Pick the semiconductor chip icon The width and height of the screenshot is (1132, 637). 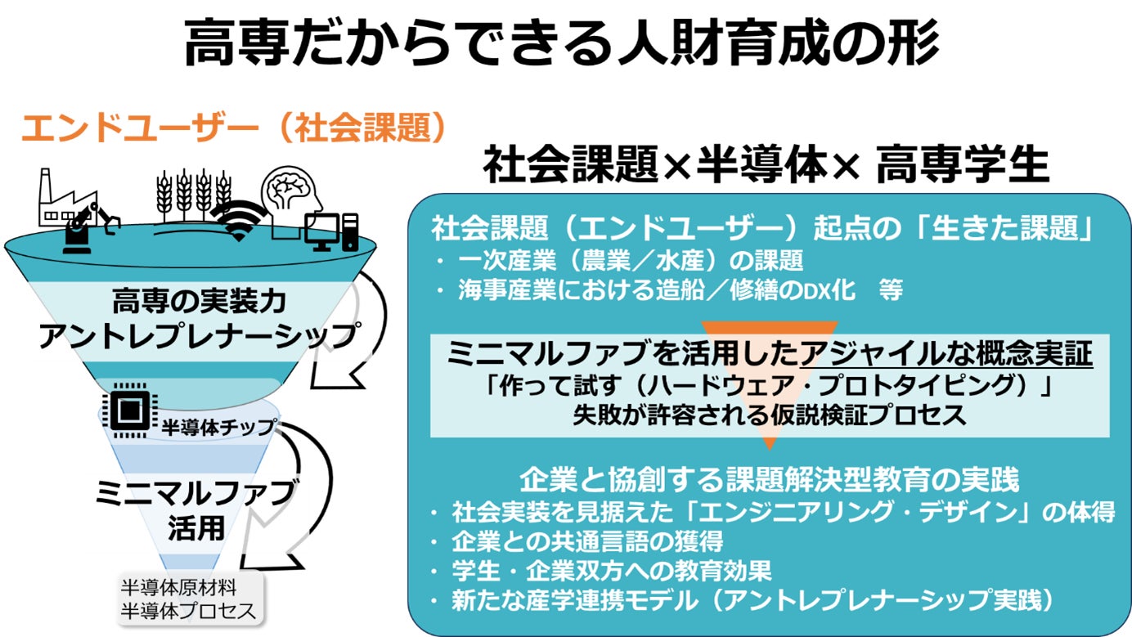coord(127,406)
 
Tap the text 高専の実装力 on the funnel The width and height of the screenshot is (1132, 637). coord(200,303)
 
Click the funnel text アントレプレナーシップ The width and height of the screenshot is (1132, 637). coord(200,336)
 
